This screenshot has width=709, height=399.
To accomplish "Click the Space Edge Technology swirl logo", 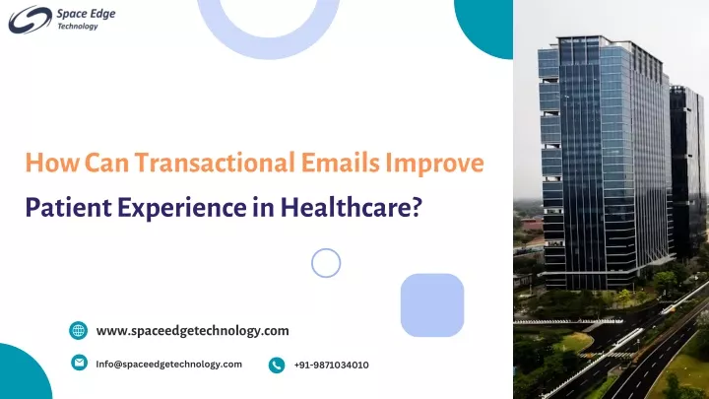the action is pos(30,20).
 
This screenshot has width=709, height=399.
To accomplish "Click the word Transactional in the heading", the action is pos(215,163).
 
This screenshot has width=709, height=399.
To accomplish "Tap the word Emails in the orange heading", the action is pos(340,163).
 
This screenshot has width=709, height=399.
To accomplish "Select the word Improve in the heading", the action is pos(434,164).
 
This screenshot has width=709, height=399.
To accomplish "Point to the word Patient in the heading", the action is pos(68,207).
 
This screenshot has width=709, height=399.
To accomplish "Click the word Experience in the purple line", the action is pos(182,208).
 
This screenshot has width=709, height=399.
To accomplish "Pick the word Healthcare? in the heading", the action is pos(352,207).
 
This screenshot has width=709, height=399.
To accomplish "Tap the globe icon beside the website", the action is pos(78,330).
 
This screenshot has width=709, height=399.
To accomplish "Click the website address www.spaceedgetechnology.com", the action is pos(193,331).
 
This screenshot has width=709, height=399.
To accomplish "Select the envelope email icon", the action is pos(79,363).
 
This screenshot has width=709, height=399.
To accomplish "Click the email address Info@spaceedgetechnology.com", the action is pos(168,365).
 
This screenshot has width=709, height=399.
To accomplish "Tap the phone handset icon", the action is pos(277,365).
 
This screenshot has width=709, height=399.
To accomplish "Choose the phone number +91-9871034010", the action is pos(332,366).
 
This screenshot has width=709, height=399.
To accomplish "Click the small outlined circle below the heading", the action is pos(326,249).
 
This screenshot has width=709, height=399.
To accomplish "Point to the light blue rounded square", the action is pos(432,304).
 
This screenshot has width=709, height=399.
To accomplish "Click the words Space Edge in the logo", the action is pos(86,14).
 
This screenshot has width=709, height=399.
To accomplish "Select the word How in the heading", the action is pos(52,163).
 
